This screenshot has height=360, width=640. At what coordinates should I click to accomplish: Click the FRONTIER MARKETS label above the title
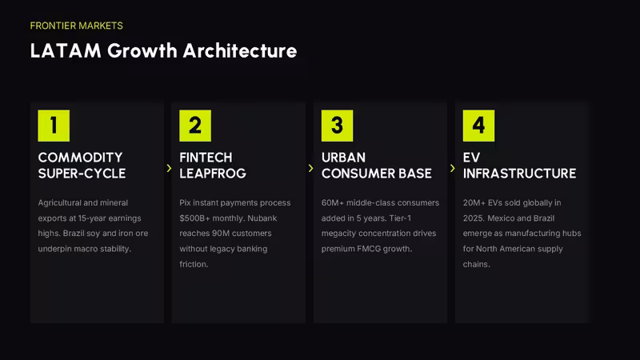pos(76,26)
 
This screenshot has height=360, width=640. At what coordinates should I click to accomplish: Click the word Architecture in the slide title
pos(240,51)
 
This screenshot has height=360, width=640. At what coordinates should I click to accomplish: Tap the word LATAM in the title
pos(66,51)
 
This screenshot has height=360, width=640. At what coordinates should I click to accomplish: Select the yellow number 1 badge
pos(54,126)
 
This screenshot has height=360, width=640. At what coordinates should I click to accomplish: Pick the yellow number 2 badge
pos(195,126)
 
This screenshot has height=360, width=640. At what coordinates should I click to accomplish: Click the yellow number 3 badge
pos(337,126)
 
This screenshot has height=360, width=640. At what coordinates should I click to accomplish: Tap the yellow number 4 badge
pos(478,126)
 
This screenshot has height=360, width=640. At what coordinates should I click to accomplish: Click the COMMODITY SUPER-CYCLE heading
pos(82,166)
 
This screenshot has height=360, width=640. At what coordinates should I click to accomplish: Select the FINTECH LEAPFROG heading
pos(213,166)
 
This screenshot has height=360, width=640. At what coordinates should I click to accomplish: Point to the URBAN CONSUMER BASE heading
pos(376,166)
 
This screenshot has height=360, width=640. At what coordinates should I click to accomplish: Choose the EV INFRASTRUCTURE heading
pos(519,166)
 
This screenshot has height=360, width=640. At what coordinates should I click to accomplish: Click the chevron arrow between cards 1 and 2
pos(169,168)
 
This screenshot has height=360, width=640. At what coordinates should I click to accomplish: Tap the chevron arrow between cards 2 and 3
pos(310,168)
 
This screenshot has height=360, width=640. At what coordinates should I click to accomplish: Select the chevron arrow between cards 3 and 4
pos(452,168)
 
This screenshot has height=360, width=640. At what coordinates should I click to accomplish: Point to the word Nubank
pos(262,218)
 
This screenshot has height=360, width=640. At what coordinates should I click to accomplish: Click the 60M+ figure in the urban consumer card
pos(333,203)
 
